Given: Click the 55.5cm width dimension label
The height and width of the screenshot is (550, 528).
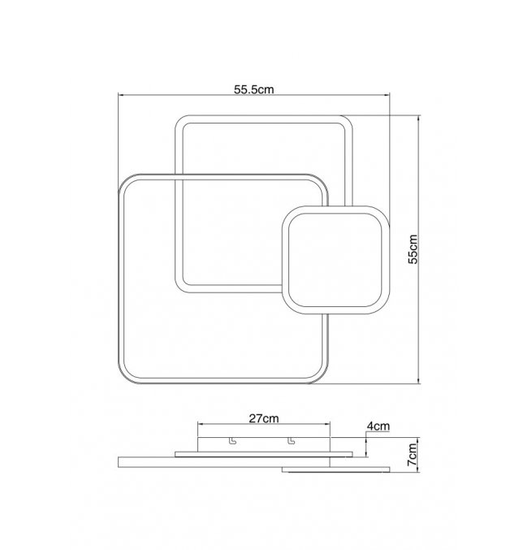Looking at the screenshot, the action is (253, 89).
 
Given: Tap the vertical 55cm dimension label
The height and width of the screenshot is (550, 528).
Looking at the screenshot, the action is (413, 249).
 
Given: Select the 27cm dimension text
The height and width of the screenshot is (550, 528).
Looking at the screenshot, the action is (264, 418).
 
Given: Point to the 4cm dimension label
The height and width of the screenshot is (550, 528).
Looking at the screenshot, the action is (379, 426).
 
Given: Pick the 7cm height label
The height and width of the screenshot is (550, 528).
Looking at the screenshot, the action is (413, 455).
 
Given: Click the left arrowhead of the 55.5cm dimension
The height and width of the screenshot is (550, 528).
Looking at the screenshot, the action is (120, 95).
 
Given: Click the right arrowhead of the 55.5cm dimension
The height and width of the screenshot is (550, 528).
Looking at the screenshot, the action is (387, 95).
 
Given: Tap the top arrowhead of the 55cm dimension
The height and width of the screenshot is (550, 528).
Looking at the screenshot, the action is (418, 118).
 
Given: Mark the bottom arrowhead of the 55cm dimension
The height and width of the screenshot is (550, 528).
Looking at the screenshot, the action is (418, 381).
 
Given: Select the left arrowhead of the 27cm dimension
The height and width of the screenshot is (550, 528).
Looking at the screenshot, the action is (200, 424).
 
